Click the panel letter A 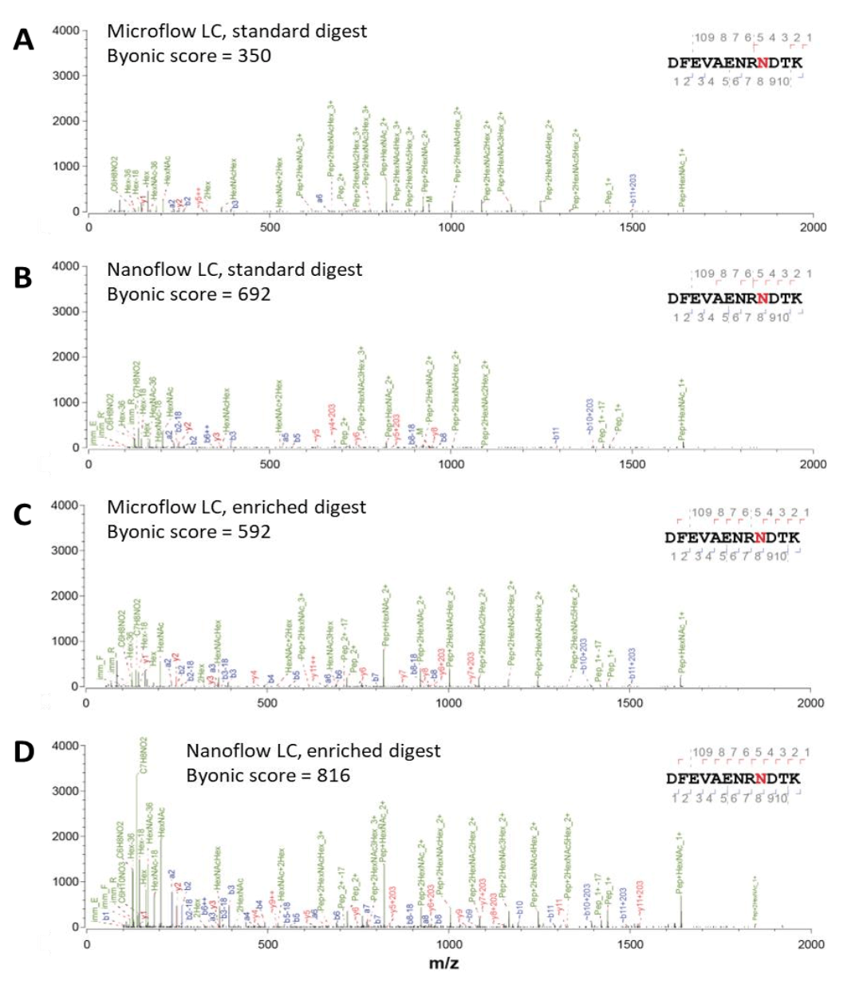24,39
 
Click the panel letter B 23,277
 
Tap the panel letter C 23,514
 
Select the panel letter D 24,751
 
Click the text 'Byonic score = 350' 189,56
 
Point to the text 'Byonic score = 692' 189,294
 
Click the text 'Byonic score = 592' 189,532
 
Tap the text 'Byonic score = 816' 268,775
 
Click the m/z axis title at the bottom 444,963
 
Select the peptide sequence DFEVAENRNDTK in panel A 735,62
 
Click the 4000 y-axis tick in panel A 65,30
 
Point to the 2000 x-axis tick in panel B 814,464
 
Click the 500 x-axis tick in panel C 267,703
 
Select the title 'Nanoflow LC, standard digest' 234,270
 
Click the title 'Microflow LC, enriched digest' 237,507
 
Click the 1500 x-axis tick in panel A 632,227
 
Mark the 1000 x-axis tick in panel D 449,944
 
